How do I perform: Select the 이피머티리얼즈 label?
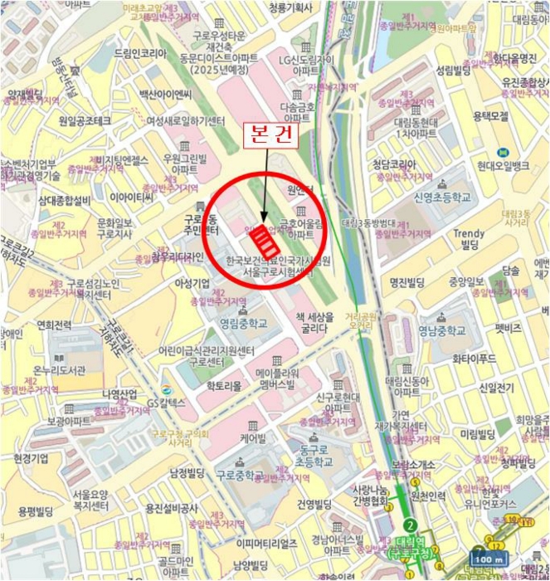(266, 543)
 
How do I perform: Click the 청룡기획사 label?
(290, 7)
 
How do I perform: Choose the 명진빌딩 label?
(410, 282)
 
